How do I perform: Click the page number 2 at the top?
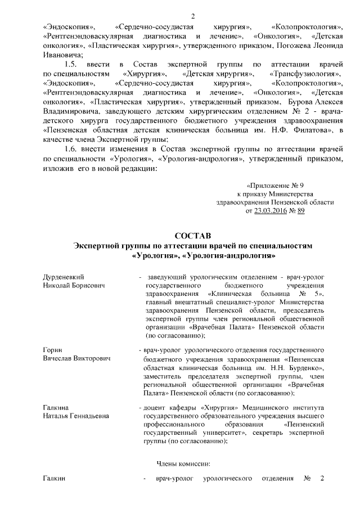click(x=192, y=15)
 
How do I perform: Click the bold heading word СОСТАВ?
click(x=192, y=236)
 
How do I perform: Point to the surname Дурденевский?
click(x=64, y=277)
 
